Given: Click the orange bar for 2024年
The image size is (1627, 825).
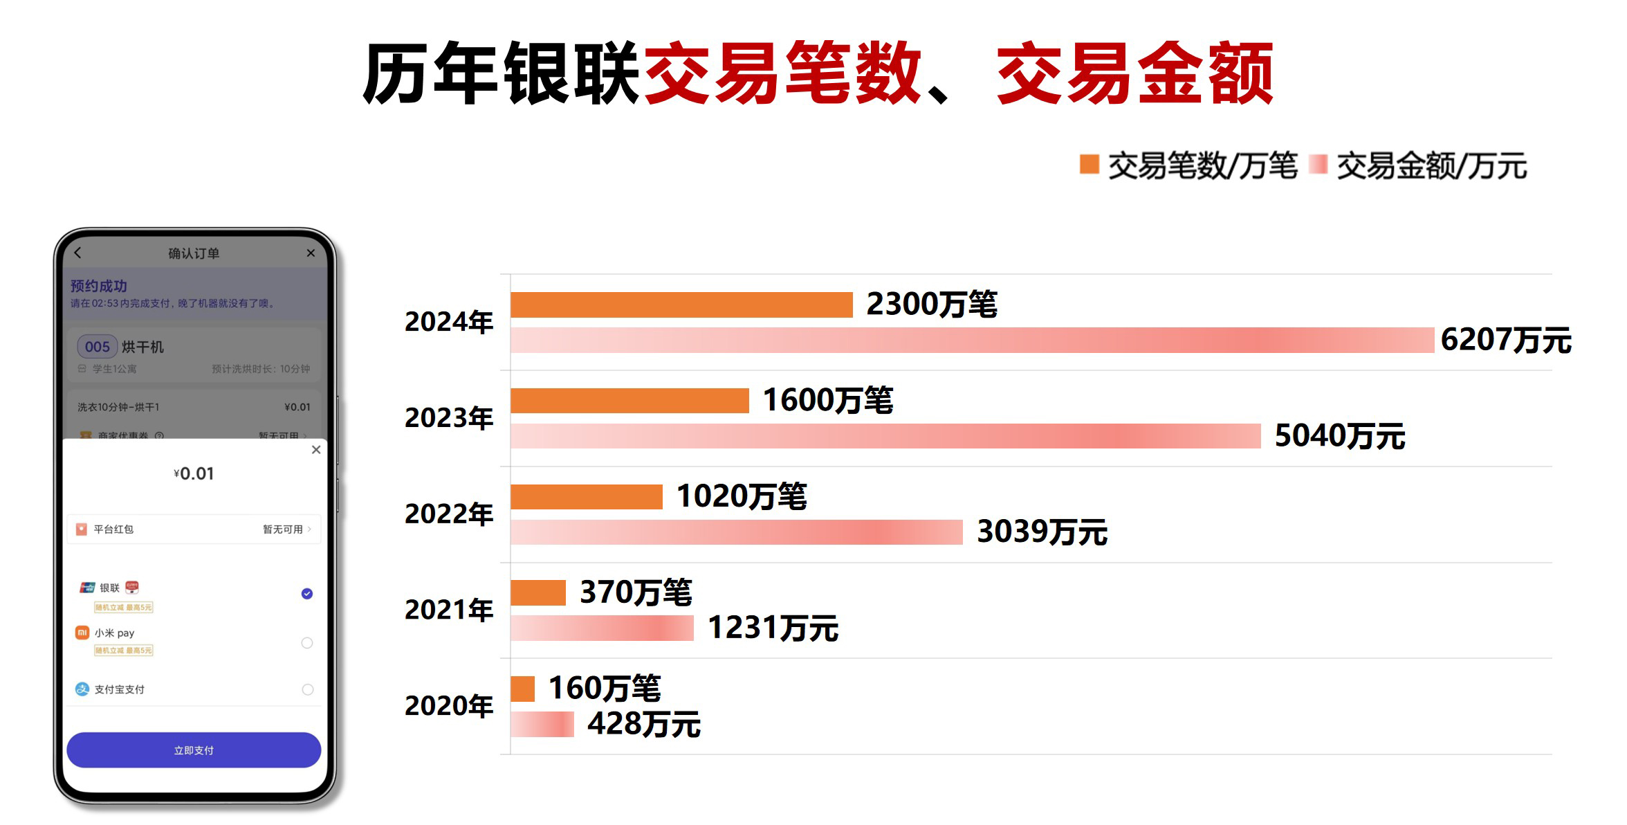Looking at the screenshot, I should click(x=681, y=305).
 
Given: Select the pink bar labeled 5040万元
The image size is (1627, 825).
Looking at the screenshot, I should click(x=885, y=436).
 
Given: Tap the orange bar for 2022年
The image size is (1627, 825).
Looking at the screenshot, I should click(x=587, y=496).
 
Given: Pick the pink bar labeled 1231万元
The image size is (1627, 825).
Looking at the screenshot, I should click(x=602, y=628).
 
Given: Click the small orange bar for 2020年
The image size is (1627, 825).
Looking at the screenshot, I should click(x=523, y=689).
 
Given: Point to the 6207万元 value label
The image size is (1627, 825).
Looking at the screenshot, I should click(x=1506, y=340).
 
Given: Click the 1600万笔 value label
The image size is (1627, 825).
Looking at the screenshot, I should click(x=828, y=400).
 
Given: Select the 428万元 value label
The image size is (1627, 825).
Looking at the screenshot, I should click(x=644, y=724).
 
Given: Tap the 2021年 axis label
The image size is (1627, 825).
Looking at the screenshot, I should click(x=449, y=610).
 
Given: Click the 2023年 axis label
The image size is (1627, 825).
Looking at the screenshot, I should click(x=449, y=417).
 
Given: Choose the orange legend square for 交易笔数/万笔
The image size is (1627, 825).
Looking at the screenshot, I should click(x=1090, y=165).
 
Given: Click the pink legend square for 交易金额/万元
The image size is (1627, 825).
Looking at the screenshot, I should click(x=1318, y=165).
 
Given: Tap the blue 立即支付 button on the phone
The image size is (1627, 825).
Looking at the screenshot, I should click(x=194, y=750).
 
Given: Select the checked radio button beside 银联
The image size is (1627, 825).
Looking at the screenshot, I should click(x=307, y=594).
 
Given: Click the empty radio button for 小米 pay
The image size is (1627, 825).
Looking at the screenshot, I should click(x=307, y=643).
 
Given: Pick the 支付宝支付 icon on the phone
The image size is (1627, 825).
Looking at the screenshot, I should click(x=82, y=689).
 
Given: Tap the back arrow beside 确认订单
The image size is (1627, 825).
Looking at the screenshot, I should click(x=78, y=253).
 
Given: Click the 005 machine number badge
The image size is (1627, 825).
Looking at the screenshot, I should click(x=98, y=347).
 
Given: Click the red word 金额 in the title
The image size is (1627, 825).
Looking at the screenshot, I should click(x=1204, y=73).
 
